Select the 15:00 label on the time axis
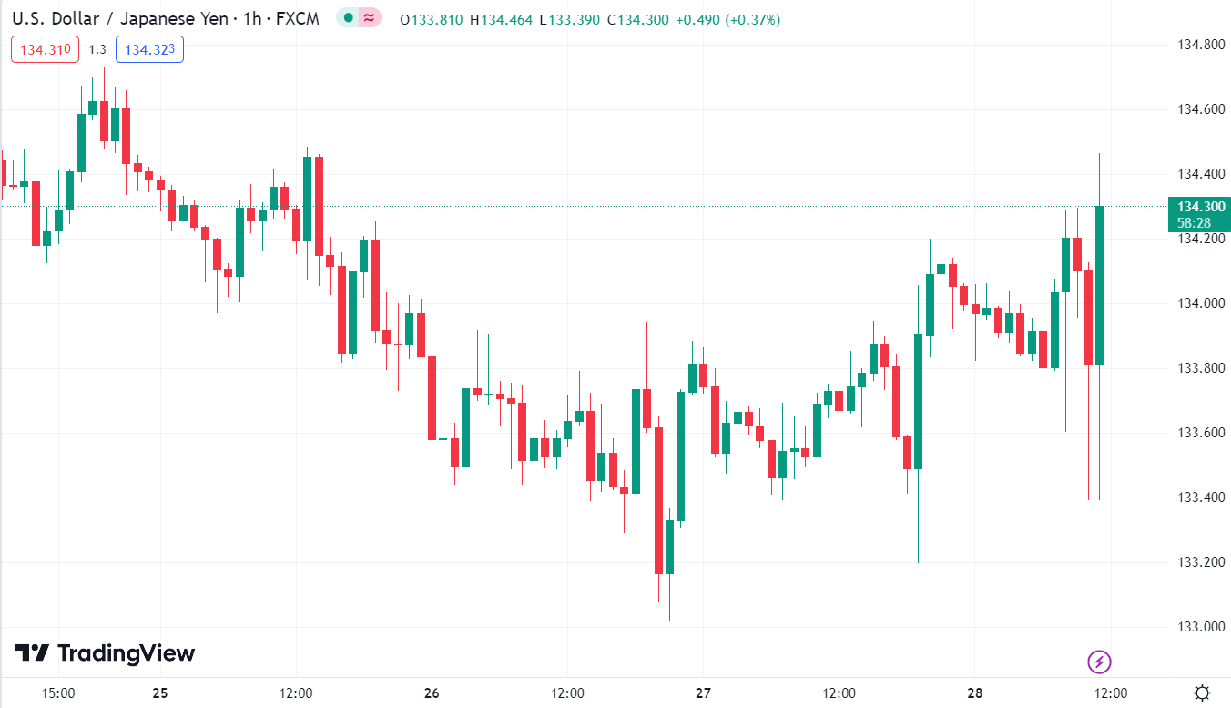(x=58, y=693)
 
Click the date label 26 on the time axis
(x=432, y=693)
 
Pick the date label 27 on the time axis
(x=703, y=693)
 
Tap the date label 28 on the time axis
(x=975, y=693)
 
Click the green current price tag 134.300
(x=1198, y=207)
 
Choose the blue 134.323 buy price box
(x=149, y=49)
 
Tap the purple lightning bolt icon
(x=1100, y=662)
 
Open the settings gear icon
(x=1202, y=693)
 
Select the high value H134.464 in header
(x=501, y=19)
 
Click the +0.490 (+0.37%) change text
(x=727, y=19)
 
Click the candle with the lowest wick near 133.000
(x=669, y=547)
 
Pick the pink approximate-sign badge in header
(x=369, y=17)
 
